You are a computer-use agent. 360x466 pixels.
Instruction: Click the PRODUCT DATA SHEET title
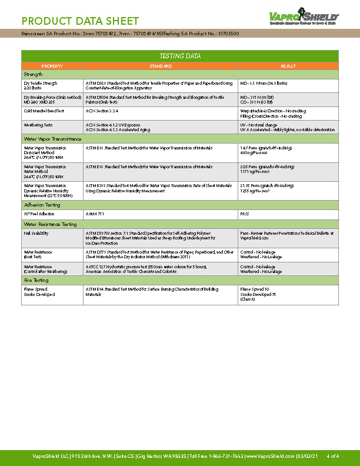click(80, 22)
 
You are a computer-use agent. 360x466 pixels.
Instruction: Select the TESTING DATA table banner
click(180, 56)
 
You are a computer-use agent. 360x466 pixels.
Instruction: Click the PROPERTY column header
click(52, 66)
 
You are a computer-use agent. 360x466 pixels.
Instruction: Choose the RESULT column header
click(288, 66)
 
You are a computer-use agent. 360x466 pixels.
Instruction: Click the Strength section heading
click(34, 75)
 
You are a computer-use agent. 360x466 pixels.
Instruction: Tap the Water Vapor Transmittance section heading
click(52, 139)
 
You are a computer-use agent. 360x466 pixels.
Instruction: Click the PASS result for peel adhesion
click(245, 214)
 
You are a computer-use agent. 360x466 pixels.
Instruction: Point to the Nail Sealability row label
click(36, 233)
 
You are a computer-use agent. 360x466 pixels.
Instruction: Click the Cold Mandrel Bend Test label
click(44, 111)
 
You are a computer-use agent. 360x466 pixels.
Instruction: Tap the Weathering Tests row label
click(38, 125)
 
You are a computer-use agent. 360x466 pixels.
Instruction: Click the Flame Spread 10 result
click(255, 289)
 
